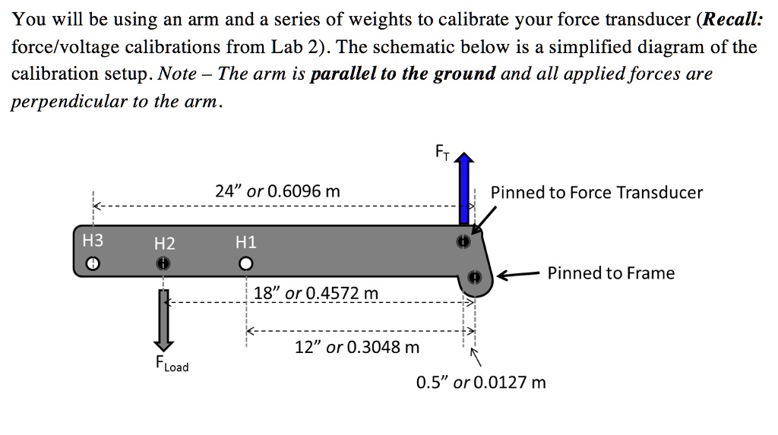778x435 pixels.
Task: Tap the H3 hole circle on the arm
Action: coord(92,263)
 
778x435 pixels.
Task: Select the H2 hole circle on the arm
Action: coord(162,263)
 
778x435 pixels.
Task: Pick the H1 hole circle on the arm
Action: coord(245,264)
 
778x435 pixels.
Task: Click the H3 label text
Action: coord(92,241)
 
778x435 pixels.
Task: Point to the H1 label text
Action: coord(246,242)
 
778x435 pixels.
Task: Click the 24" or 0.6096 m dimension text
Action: coord(277,192)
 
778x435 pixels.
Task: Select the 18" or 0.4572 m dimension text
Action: coord(315,294)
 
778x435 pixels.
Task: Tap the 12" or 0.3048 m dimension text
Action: coord(356,348)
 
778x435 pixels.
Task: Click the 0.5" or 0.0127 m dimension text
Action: coord(481,382)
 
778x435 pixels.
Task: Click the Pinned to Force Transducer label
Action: coord(596,193)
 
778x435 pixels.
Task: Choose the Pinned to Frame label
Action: coord(611,273)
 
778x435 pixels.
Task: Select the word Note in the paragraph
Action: coord(177,74)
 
